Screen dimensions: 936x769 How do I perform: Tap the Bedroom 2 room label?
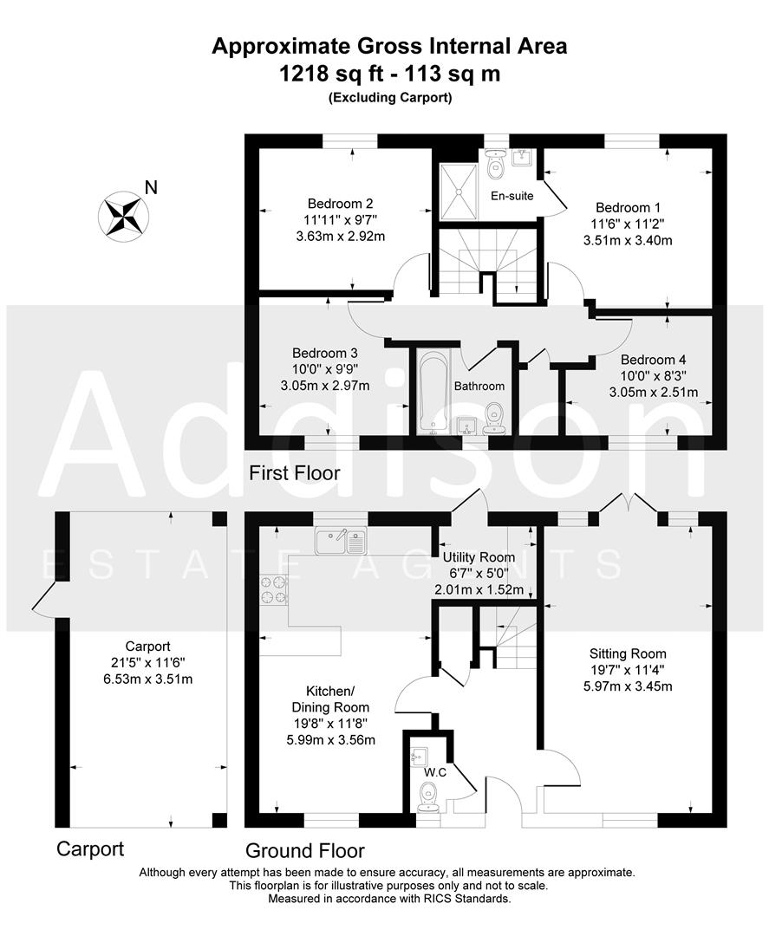pos(321,204)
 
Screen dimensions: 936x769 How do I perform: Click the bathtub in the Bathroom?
pos(432,392)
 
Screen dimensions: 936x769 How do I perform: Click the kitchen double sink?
pos(341,543)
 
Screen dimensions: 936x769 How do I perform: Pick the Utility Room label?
pos(479,557)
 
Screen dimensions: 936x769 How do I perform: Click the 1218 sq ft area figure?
pos(325,74)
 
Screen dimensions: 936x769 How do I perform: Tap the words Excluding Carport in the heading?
pos(389,98)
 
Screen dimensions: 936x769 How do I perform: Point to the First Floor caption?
pos(295,473)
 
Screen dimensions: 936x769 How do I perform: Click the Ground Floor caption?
pos(304,850)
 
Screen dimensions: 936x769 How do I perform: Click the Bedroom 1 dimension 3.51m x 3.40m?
pos(629,240)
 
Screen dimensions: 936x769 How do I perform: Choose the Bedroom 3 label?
pos(325,353)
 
